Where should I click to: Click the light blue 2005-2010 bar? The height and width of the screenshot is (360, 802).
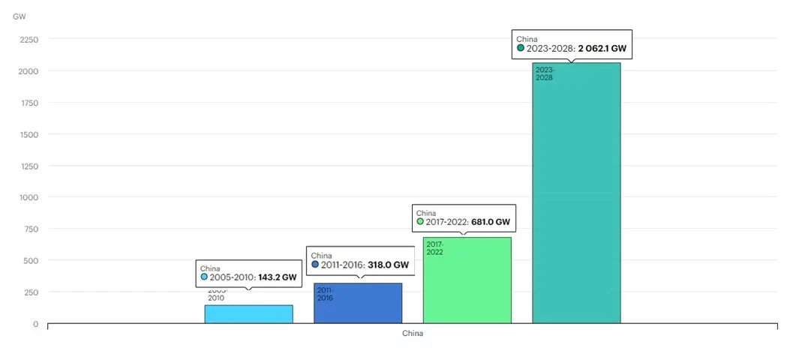[248, 314]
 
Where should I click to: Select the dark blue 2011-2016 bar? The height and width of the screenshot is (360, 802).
[358, 307]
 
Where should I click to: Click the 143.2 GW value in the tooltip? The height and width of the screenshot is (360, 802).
[278, 277]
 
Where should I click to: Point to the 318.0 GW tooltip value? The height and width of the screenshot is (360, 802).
[388, 265]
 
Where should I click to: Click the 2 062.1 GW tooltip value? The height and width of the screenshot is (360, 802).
[602, 48]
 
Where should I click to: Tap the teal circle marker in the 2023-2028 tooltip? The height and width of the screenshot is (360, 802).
[521, 48]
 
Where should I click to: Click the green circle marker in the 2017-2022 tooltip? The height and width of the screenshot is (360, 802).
[420, 222]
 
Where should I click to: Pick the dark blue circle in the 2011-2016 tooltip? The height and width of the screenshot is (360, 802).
[315, 265]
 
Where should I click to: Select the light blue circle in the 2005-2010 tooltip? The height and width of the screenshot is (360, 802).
[204, 277]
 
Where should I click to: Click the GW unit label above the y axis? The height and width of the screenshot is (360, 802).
[19, 16]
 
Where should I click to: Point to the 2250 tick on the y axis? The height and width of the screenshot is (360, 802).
[29, 39]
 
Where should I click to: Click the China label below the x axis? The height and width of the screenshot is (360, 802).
[412, 334]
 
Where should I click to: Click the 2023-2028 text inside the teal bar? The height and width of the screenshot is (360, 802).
[544, 73]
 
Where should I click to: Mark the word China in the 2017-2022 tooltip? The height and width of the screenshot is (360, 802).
[425, 213]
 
